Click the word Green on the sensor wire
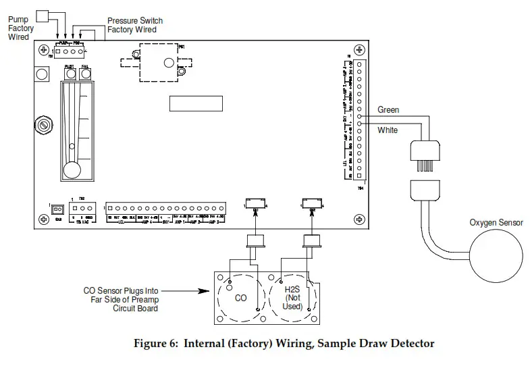pyautogui.click(x=388, y=110)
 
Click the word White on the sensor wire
pyautogui.click(x=388, y=130)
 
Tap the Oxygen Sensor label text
pyautogui.click(x=496, y=223)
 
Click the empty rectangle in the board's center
pyautogui.click(x=196, y=103)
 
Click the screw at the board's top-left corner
pyautogui.click(x=44, y=50)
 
